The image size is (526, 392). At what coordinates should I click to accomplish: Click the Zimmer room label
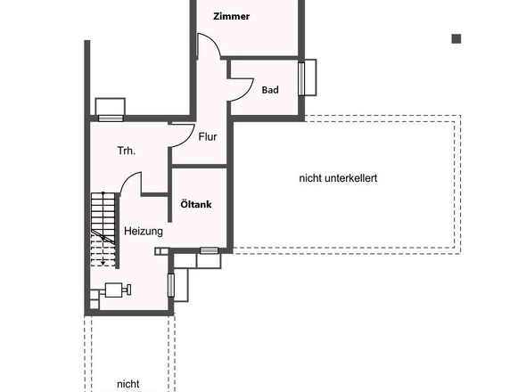click(x=230, y=16)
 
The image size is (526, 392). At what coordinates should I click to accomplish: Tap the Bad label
click(x=269, y=90)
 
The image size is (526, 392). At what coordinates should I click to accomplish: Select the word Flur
click(x=208, y=137)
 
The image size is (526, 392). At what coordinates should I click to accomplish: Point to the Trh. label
click(x=126, y=151)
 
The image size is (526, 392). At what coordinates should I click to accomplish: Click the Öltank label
click(x=196, y=204)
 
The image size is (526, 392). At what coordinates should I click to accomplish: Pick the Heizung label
click(x=143, y=231)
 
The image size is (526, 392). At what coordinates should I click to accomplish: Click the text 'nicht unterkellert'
click(x=338, y=178)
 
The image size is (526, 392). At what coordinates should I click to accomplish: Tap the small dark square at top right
click(x=456, y=38)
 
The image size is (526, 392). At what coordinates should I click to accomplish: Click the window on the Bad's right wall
click(x=309, y=78)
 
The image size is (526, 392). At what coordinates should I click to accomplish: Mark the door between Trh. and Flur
click(x=182, y=134)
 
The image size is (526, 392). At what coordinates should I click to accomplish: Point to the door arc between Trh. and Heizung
click(x=131, y=184)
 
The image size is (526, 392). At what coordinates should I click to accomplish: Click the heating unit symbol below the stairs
click(x=115, y=289)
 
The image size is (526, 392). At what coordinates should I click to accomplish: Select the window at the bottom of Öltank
click(x=210, y=250)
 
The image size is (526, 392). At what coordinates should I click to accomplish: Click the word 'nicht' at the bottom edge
click(x=127, y=384)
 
